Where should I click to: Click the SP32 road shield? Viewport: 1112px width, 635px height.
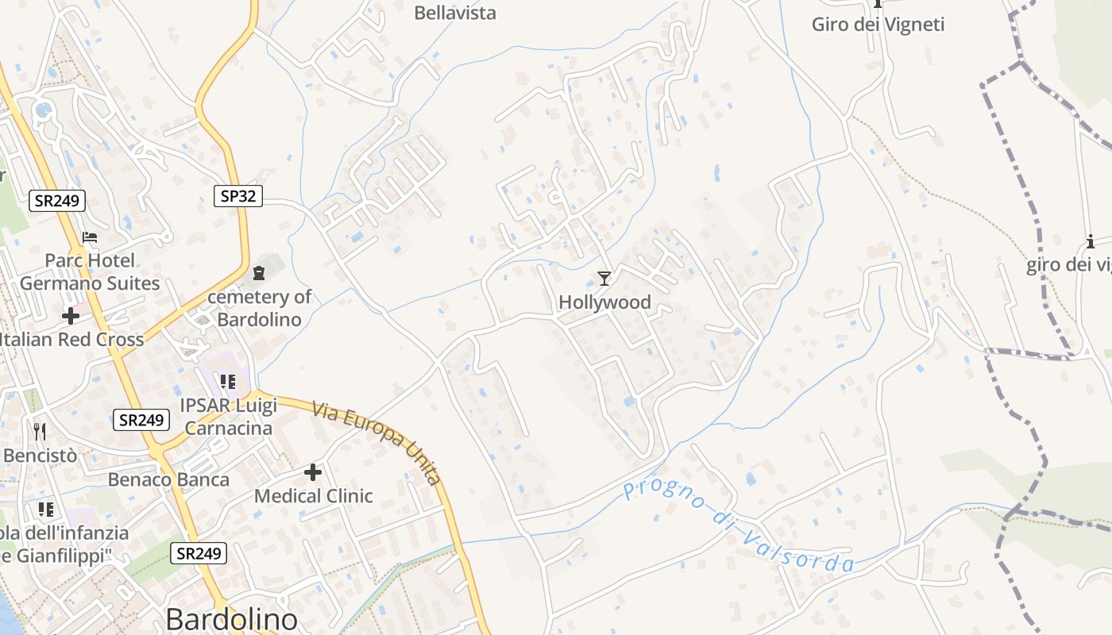(x=238, y=196)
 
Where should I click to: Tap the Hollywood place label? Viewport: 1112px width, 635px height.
(x=604, y=302)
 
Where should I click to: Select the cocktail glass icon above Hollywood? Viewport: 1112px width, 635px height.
(x=604, y=278)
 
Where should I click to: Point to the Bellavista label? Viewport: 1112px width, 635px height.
(x=455, y=13)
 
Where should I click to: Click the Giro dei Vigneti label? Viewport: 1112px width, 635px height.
(x=878, y=25)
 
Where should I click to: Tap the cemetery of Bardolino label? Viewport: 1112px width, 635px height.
(x=260, y=309)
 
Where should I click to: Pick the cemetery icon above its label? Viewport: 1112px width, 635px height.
(x=259, y=274)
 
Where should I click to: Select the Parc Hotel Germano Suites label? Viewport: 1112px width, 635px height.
(x=90, y=272)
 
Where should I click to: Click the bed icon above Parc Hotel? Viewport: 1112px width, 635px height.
(x=90, y=237)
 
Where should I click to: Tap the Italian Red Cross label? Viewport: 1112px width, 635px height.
(x=71, y=340)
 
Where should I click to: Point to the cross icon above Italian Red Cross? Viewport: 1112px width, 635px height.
(x=71, y=316)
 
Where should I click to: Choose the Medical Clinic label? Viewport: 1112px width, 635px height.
(x=313, y=496)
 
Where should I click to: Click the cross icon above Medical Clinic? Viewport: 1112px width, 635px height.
(x=313, y=473)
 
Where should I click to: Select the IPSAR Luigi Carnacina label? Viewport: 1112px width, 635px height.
(x=228, y=418)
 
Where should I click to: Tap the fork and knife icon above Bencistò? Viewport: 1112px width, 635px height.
(x=41, y=431)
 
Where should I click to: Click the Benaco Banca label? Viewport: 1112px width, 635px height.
(x=168, y=479)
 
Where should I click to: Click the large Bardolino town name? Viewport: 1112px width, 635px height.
(x=231, y=620)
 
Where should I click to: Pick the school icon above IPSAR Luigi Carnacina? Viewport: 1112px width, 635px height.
(x=228, y=382)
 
